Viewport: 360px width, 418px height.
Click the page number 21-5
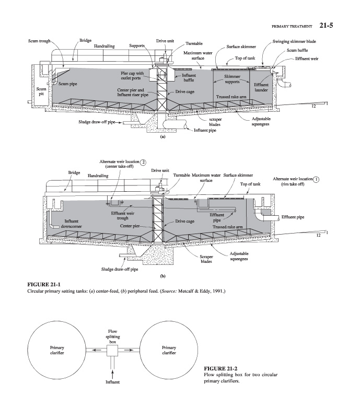(x=326, y=25)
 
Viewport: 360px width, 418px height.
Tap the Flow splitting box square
(x=112, y=350)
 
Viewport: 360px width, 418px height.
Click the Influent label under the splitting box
(x=112, y=382)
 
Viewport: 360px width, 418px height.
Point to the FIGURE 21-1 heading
(x=44, y=284)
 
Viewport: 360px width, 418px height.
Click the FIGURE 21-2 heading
(x=220, y=368)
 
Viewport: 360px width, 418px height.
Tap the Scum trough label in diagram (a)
(x=39, y=41)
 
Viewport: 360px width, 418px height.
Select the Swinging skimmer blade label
(x=294, y=41)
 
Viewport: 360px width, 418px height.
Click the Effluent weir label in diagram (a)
(x=307, y=59)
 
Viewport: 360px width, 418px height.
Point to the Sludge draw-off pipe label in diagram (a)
(x=97, y=122)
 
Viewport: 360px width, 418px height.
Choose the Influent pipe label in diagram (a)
(x=205, y=130)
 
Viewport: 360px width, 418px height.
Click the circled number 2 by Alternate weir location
(x=143, y=162)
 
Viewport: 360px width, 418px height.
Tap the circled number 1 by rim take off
(x=316, y=179)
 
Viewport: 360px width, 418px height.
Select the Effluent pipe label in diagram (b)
(x=293, y=217)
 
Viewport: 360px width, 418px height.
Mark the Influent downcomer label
(x=71, y=224)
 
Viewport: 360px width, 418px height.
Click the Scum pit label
(x=41, y=91)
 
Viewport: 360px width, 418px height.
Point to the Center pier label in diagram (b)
(x=130, y=226)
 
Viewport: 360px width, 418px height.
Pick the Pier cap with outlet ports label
(x=132, y=75)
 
